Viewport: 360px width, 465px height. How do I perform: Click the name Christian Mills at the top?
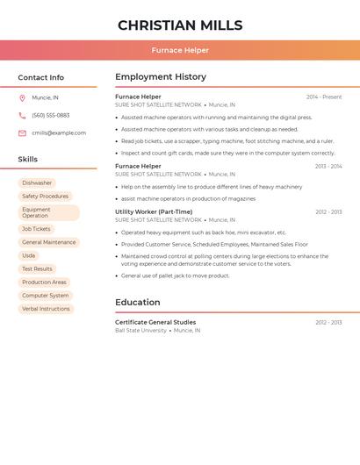(180, 25)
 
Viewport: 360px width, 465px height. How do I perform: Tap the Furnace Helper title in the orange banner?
(180, 50)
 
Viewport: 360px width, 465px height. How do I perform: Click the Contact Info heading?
(41, 77)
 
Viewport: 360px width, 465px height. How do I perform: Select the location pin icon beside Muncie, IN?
(22, 97)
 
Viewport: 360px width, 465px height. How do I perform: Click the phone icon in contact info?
(22, 115)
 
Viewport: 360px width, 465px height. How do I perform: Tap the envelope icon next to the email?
(22, 133)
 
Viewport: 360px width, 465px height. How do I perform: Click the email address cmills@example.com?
(59, 133)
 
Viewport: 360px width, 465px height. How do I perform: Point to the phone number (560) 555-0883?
(51, 115)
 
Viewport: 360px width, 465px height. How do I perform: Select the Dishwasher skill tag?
(37, 183)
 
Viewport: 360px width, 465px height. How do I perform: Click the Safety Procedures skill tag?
(45, 197)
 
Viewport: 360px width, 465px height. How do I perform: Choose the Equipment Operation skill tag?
(48, 212)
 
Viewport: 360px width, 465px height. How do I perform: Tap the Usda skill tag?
(29, 255)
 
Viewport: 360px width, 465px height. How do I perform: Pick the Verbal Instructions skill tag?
(46, 309)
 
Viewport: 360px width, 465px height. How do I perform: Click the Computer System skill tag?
(46, 296)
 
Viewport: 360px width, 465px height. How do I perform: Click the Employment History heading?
(161, 77)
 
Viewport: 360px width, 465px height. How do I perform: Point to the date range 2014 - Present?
(324, 97)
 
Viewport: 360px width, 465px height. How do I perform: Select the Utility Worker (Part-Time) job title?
(154, 211)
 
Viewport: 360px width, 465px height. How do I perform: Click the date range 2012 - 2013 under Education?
(328, 322)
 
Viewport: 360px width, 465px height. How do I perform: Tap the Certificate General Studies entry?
(155, 322)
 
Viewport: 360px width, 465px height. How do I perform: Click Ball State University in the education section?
(140, 331)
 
